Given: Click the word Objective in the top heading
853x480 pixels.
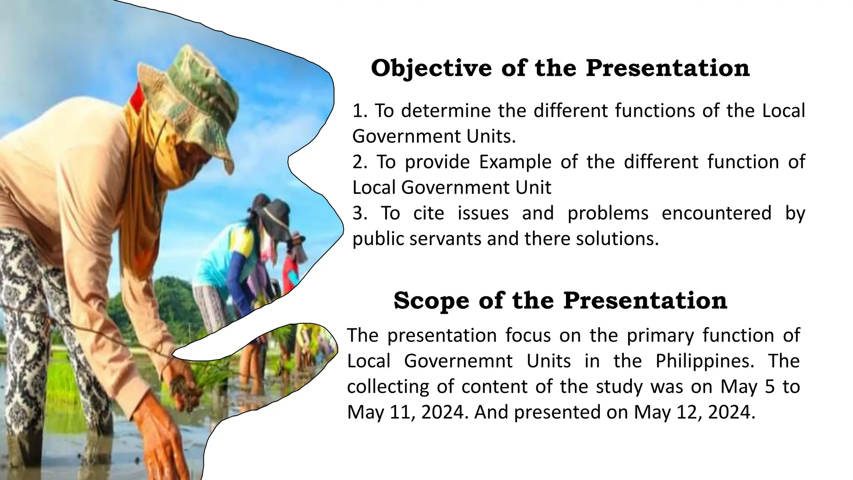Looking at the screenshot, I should point(431,68).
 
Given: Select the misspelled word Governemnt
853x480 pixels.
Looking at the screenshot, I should point(458,361).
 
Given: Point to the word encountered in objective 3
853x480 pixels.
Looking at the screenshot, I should point(716,213).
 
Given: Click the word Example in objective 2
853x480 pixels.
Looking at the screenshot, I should point(515,162).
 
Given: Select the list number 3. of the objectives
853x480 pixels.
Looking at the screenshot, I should point(360,213).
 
